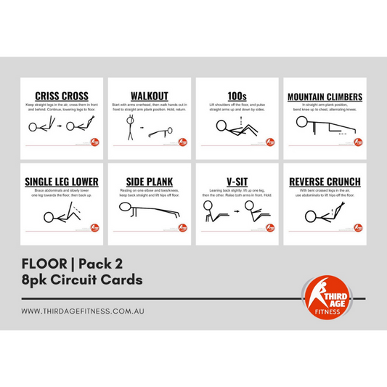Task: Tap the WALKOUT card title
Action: tap(149, 96)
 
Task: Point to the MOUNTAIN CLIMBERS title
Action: tap(325, 97)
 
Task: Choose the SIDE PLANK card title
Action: tap(149, 181)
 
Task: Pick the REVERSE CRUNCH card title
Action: tap(325, 181)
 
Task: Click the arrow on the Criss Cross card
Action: tap(60, 129)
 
